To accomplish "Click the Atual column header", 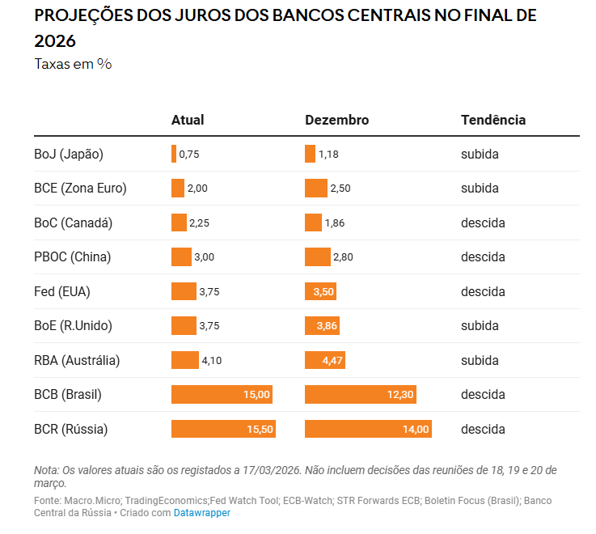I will click(x=188, y=120).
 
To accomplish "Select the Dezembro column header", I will click(x=336, y=120).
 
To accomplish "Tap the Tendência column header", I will click(x=493, y=120).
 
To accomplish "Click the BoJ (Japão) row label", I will click(x=69, y=154).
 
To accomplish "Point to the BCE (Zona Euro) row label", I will click(x=80, y=189).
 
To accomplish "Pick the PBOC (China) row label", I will click(x=73, y=257).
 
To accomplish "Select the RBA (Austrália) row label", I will click(x=77, y=360).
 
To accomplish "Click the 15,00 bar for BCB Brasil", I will click(x=222, y=395).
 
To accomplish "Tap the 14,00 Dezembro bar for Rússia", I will click(x=368, y=429).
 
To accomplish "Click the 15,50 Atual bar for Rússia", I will click(x=223, y=429).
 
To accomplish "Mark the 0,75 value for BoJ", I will click(x=189, y=155).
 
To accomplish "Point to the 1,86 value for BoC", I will click(x=336, y=223).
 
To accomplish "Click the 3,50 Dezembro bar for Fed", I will click(x=321, y=291).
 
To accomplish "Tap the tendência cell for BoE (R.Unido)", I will click(x=480, y=326).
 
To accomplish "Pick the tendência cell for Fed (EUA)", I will click(x=483, y=291).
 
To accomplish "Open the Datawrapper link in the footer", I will click(x=202, y=513).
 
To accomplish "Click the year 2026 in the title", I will click(x=55, y=41).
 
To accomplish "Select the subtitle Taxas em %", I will click(x=73, y=64).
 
